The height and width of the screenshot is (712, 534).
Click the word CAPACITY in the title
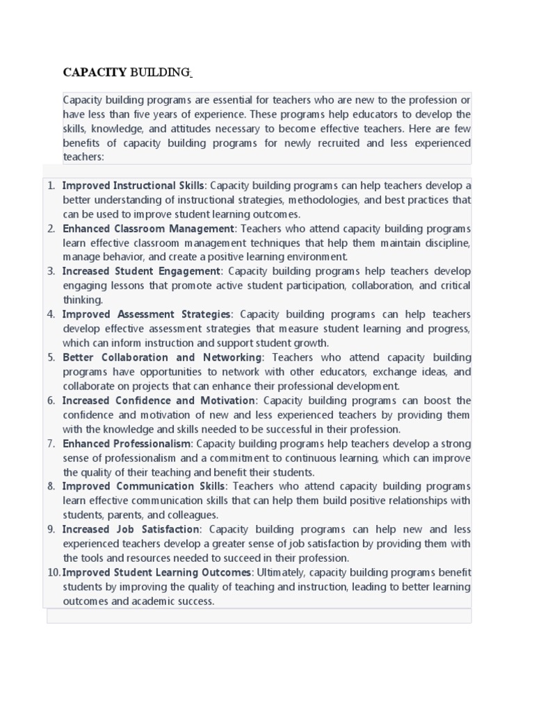click(95, 72)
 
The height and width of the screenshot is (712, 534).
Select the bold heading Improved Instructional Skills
click(133, 186)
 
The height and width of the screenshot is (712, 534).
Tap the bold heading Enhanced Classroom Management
click(149, 229)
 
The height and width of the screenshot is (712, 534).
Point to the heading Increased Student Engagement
click(140, 271)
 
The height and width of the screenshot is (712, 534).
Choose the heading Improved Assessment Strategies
click(146, 314)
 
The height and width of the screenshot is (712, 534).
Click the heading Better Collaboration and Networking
click(163, 357)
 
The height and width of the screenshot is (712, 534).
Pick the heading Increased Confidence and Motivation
click(159, 400)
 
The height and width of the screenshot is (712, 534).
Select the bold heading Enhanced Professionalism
click(127, 444)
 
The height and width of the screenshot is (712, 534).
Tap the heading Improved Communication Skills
click(143, 486)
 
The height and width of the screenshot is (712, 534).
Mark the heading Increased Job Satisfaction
click(131, 529)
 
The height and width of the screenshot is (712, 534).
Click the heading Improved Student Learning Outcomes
click(157, 572)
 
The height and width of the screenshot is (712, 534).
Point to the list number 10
click(54, 572)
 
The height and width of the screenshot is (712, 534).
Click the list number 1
click(51, 186)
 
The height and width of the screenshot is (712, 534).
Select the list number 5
click(51, 357)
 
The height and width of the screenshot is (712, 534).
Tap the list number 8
click(51, 486)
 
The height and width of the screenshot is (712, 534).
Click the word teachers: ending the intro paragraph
click(83, 157)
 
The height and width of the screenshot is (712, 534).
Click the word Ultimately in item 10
click(280, 572)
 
